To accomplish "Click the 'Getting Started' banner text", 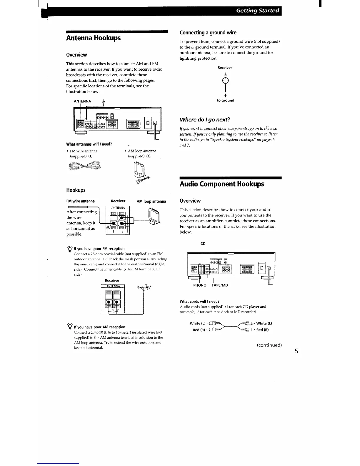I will pos(257,11).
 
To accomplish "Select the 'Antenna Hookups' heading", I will pos(93,38).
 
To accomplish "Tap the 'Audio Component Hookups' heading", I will pos(222,184).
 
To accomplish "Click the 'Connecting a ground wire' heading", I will pos(208,32).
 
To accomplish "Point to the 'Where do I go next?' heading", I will pos(205,119).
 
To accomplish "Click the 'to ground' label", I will pos(225,100).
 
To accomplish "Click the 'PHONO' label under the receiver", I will pos(200,285).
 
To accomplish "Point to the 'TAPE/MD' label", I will pos(220,285).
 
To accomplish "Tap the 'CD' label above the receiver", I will pos(203,243).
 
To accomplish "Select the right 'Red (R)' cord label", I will pos(262,330).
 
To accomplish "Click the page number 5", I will pos(297,351).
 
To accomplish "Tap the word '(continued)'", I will pos(269,345).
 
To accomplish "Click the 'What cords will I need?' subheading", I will pos(199,301).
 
